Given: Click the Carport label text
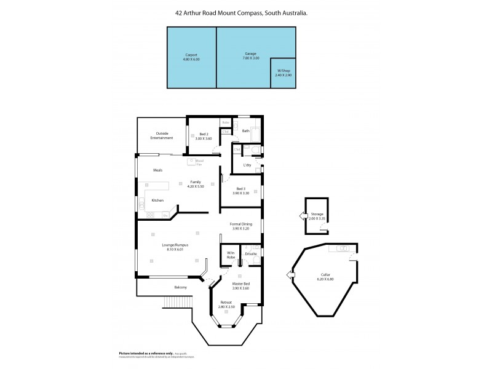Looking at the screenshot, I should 191,54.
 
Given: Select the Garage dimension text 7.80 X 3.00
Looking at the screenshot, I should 251,58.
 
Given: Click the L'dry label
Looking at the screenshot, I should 247,165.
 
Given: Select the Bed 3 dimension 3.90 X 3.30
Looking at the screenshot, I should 241,192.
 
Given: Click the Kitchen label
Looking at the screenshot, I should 157,200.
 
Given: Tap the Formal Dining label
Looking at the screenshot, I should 241,224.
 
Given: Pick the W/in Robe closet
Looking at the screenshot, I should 231,255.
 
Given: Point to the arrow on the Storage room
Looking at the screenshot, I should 301,216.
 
